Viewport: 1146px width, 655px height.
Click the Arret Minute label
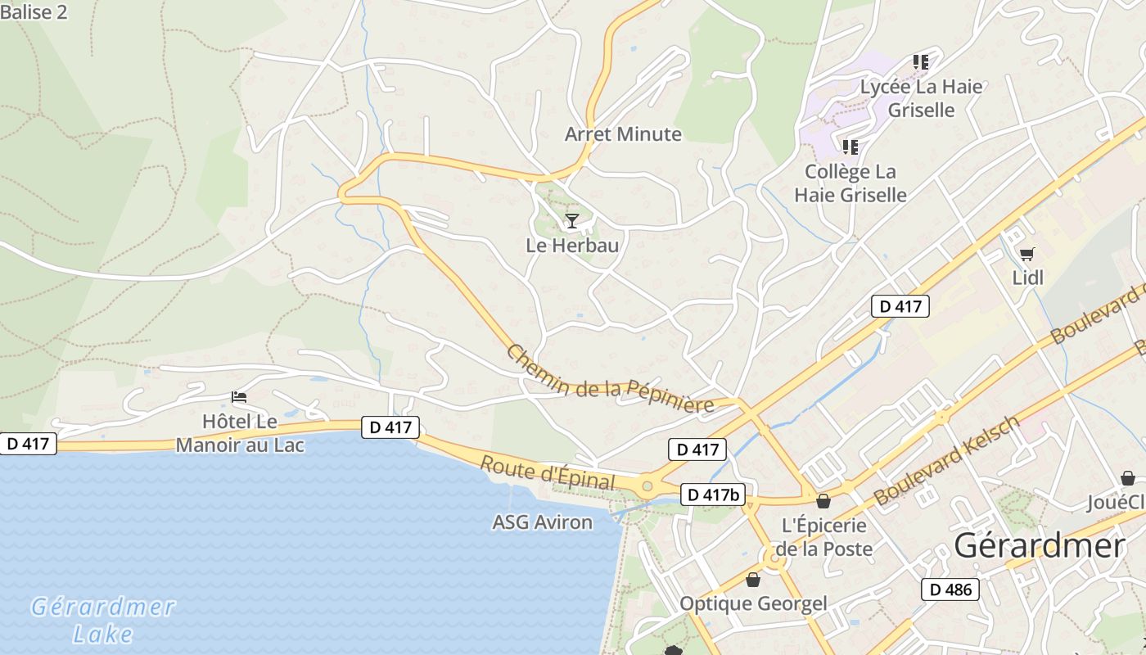pyautogui.click(x=623, y=134)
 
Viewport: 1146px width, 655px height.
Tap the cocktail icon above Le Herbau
pyautogui.click(x=572, y=220)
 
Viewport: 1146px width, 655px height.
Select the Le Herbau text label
pyautogui.click(x=572, y=245)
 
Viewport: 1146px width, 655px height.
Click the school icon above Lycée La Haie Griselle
pyautogui.click(x=921, y=62)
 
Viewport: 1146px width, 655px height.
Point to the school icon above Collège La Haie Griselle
pyautogui.click(x=850, y=147)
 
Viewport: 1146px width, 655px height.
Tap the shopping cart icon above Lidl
pyautogui.click(x=1026, y=255)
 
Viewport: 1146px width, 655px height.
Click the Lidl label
pyautogui.click(x=1028, y=278)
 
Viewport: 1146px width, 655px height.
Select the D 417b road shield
pyautogui.click(x=712, y=495)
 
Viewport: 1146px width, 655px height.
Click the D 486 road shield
pyautogui.click(x=950, y=589)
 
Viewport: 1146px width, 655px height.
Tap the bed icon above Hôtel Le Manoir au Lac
pyautogui.click(x=239, y=398)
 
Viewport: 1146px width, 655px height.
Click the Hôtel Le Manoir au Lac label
pyautogui.click(x=240, y=434)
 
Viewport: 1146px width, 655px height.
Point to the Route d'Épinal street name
pyautogui.click(x=547, y=472)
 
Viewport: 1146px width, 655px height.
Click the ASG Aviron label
pyautogui.click(x=542, y=522)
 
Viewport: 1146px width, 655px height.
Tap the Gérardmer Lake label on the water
pyautogui.click(x=103, y=620)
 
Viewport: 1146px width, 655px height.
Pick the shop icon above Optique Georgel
pyautogui.click(x=753, y=580)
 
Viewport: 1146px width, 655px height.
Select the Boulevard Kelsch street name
pyautogui.click(x=947, y=460)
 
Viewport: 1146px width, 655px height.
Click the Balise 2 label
pyautogui.click(x=34, y=12)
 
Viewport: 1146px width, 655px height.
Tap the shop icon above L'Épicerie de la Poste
pyautogui.click(x=823, y=501)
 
